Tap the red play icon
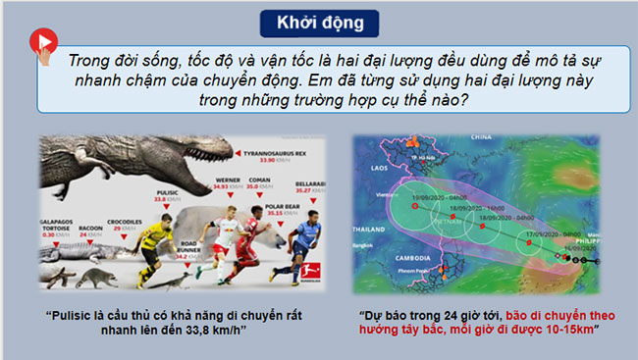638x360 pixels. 42,40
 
